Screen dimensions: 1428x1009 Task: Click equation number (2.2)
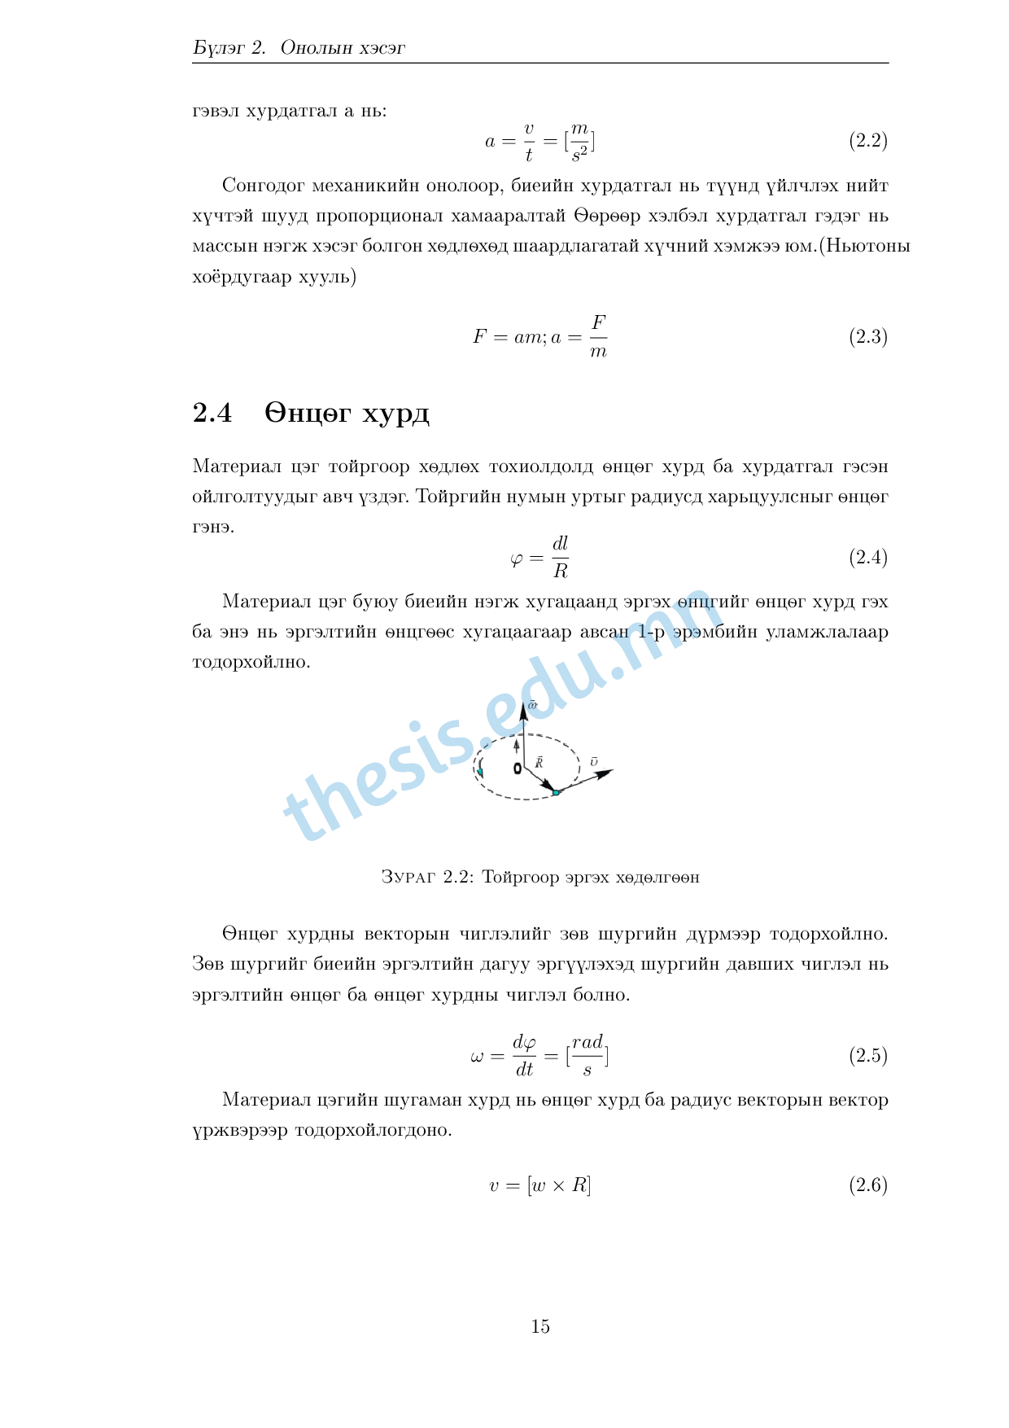pos(867,141)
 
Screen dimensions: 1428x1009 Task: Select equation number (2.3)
pos(867,337)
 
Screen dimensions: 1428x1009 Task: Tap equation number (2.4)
pos(867,558)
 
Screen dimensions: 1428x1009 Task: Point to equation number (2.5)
pos(867,1056)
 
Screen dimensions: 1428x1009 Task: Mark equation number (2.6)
pos(867,1185)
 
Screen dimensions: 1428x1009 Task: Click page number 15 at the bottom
pos(540,1327)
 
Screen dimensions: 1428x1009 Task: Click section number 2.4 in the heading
pos(212,414)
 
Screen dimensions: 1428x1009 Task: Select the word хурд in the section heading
pos(395,414)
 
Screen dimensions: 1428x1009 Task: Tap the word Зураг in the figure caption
pos(408,878)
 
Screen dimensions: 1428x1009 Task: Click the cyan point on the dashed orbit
pos(556,792)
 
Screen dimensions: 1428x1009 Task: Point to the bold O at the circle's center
pos(518,769)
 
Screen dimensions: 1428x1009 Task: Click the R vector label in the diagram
pos(539,763)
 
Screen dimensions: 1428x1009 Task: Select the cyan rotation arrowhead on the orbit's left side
pos(481,771)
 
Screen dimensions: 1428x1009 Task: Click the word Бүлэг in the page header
pos(218,48)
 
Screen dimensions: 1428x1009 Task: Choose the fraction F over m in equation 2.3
pos(598,337)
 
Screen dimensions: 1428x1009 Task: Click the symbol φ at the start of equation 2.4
pos(516,559)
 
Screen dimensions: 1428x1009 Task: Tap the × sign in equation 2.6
pos(558,1186)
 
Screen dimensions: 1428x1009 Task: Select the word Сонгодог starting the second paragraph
pos(263,186)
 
